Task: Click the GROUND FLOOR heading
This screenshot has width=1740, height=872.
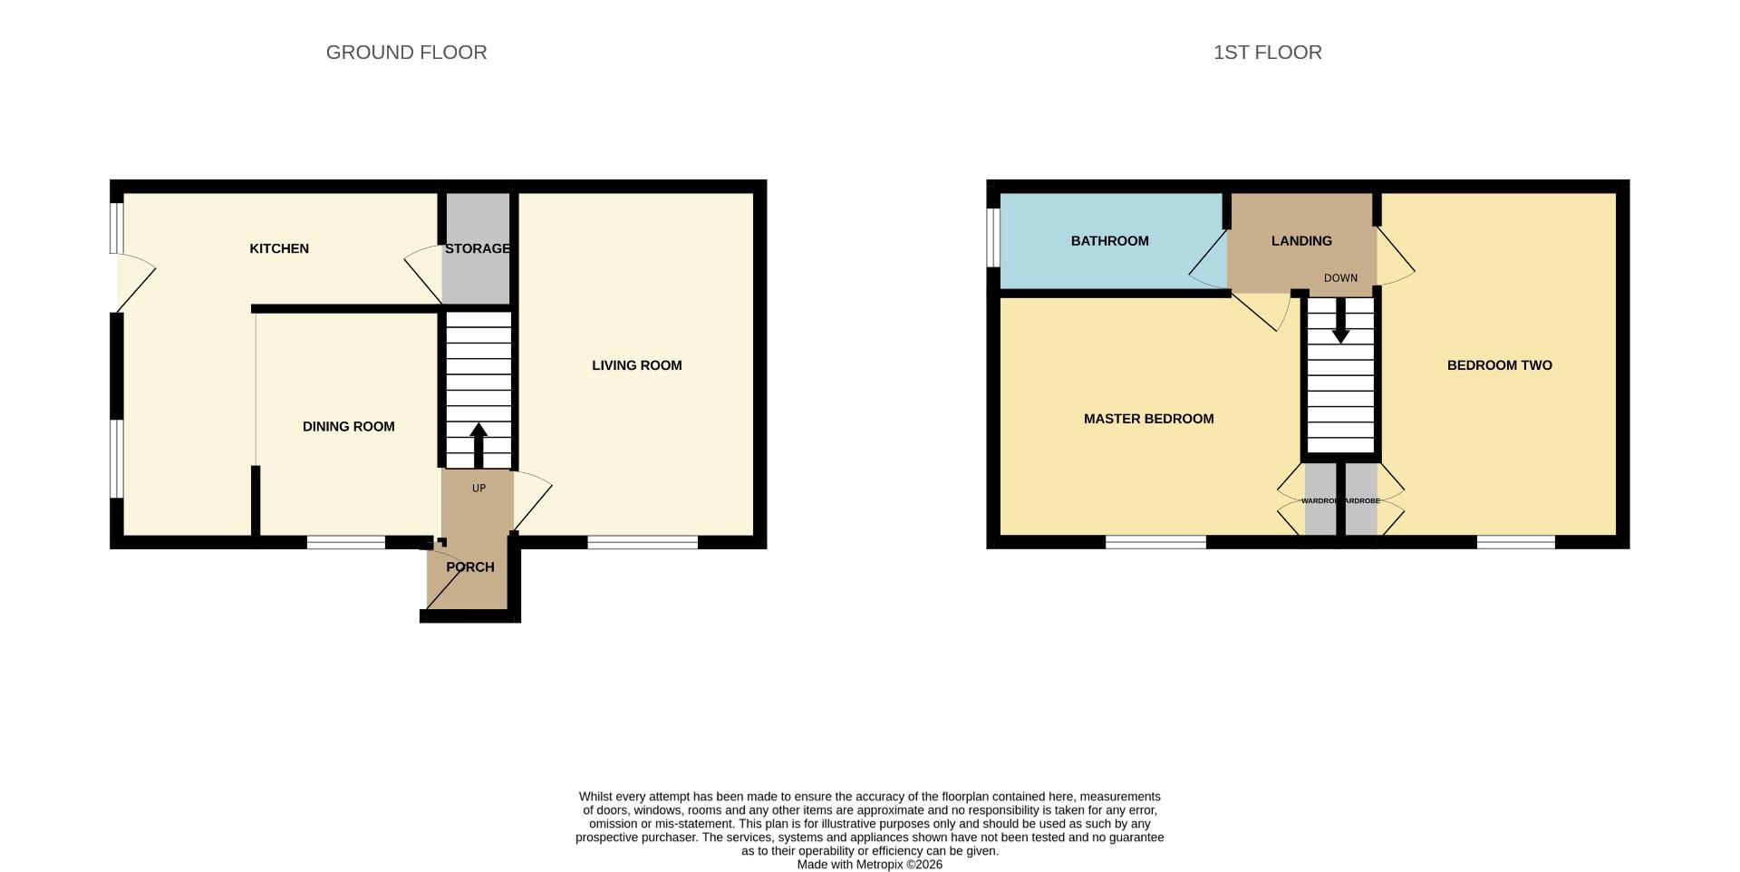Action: coord(406,53)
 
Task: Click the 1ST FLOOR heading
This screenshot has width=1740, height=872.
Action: coord(1267,53)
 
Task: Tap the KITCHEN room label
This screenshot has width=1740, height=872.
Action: coord(279,248)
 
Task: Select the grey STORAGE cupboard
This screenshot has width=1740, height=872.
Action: coord(477,272)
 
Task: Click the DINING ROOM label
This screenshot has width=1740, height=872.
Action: coord(348,426)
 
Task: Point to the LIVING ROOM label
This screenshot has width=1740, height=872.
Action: coord(636,365)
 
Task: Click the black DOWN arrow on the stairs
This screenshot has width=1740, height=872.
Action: coord(1340,322)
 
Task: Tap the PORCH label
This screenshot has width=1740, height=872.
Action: coord(469,567)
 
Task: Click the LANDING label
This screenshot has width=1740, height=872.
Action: coord(1301,241)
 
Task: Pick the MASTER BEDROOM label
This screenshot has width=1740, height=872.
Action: coord(1148,419)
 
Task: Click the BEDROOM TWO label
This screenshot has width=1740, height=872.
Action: coord(1499,365)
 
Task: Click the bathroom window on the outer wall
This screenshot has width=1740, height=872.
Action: coord(993,237)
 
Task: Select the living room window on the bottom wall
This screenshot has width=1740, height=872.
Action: coord(642,543)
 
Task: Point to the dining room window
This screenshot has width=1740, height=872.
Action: coord(345,543)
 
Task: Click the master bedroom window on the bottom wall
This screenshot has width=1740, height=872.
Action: coord(1155,543)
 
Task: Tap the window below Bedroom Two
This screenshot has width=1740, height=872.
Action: coord(1515,543)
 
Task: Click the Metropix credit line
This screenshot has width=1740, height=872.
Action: coord(869,865)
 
